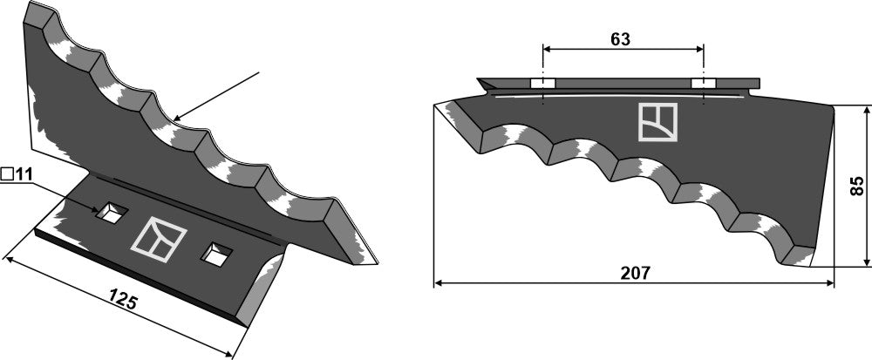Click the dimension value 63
coord(621,40)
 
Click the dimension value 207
coord(636,273)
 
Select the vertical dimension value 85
coord(857,185)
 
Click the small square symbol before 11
coord(7,174)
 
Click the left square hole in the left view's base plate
coord(110,212)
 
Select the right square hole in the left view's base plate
coord(215,254)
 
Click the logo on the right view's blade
coord(657,121)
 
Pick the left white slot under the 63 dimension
coord(542,83)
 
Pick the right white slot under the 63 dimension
coord(703,83)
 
